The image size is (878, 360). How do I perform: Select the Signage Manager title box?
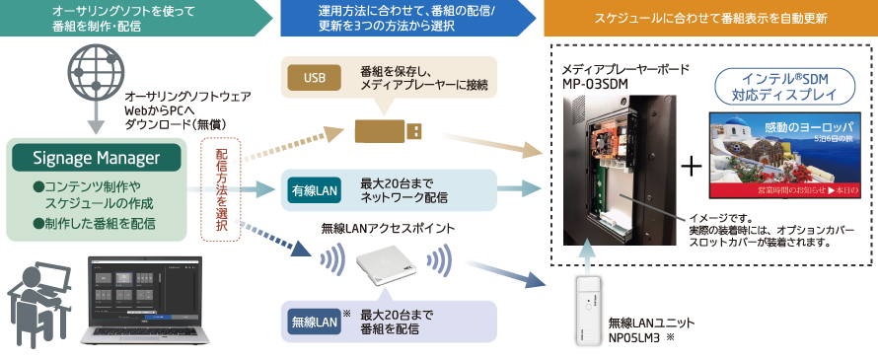(96, 157)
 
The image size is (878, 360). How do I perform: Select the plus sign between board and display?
(692, 166)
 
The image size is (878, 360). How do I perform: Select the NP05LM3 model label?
(644, 336)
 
